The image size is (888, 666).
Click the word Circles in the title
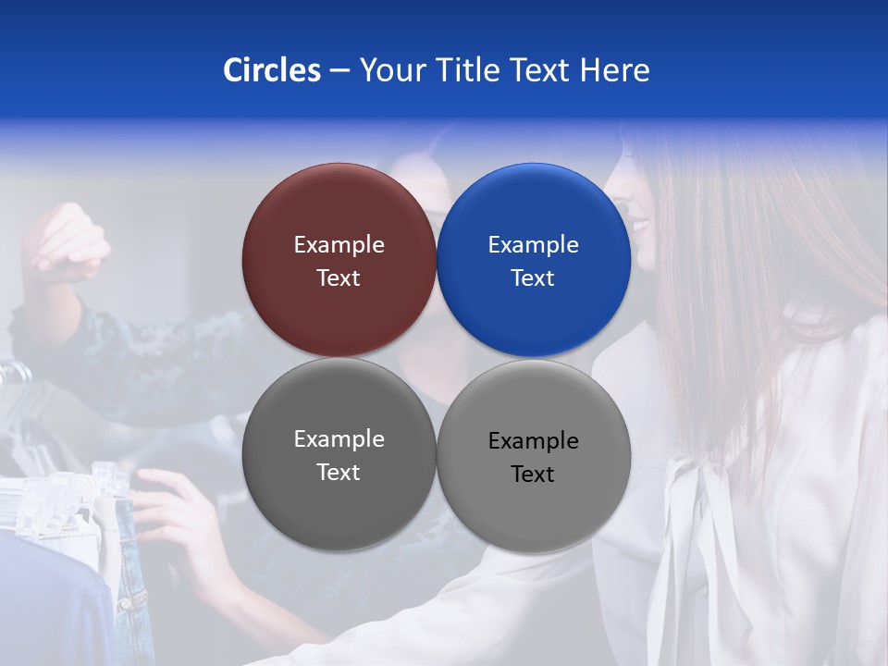pyautogui.click(x=271, y=70)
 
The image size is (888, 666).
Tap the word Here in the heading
pyautogui.click(x=615, y=70)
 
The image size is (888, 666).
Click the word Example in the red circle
pyautogui.click(x=339, y=245)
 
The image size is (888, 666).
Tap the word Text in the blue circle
pyautogui.click(x=533, y=278)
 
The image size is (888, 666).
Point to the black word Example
pyautogui.click(x=533, y=441)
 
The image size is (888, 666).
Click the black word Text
pyautogui.click(x=533, y=475)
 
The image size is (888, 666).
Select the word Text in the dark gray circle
pyautogui.click(x=339, y=473)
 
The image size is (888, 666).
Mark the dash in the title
pyautogui.click(x=339, y=71)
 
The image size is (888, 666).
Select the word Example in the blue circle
pyautogui.click(x=533, y=245)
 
